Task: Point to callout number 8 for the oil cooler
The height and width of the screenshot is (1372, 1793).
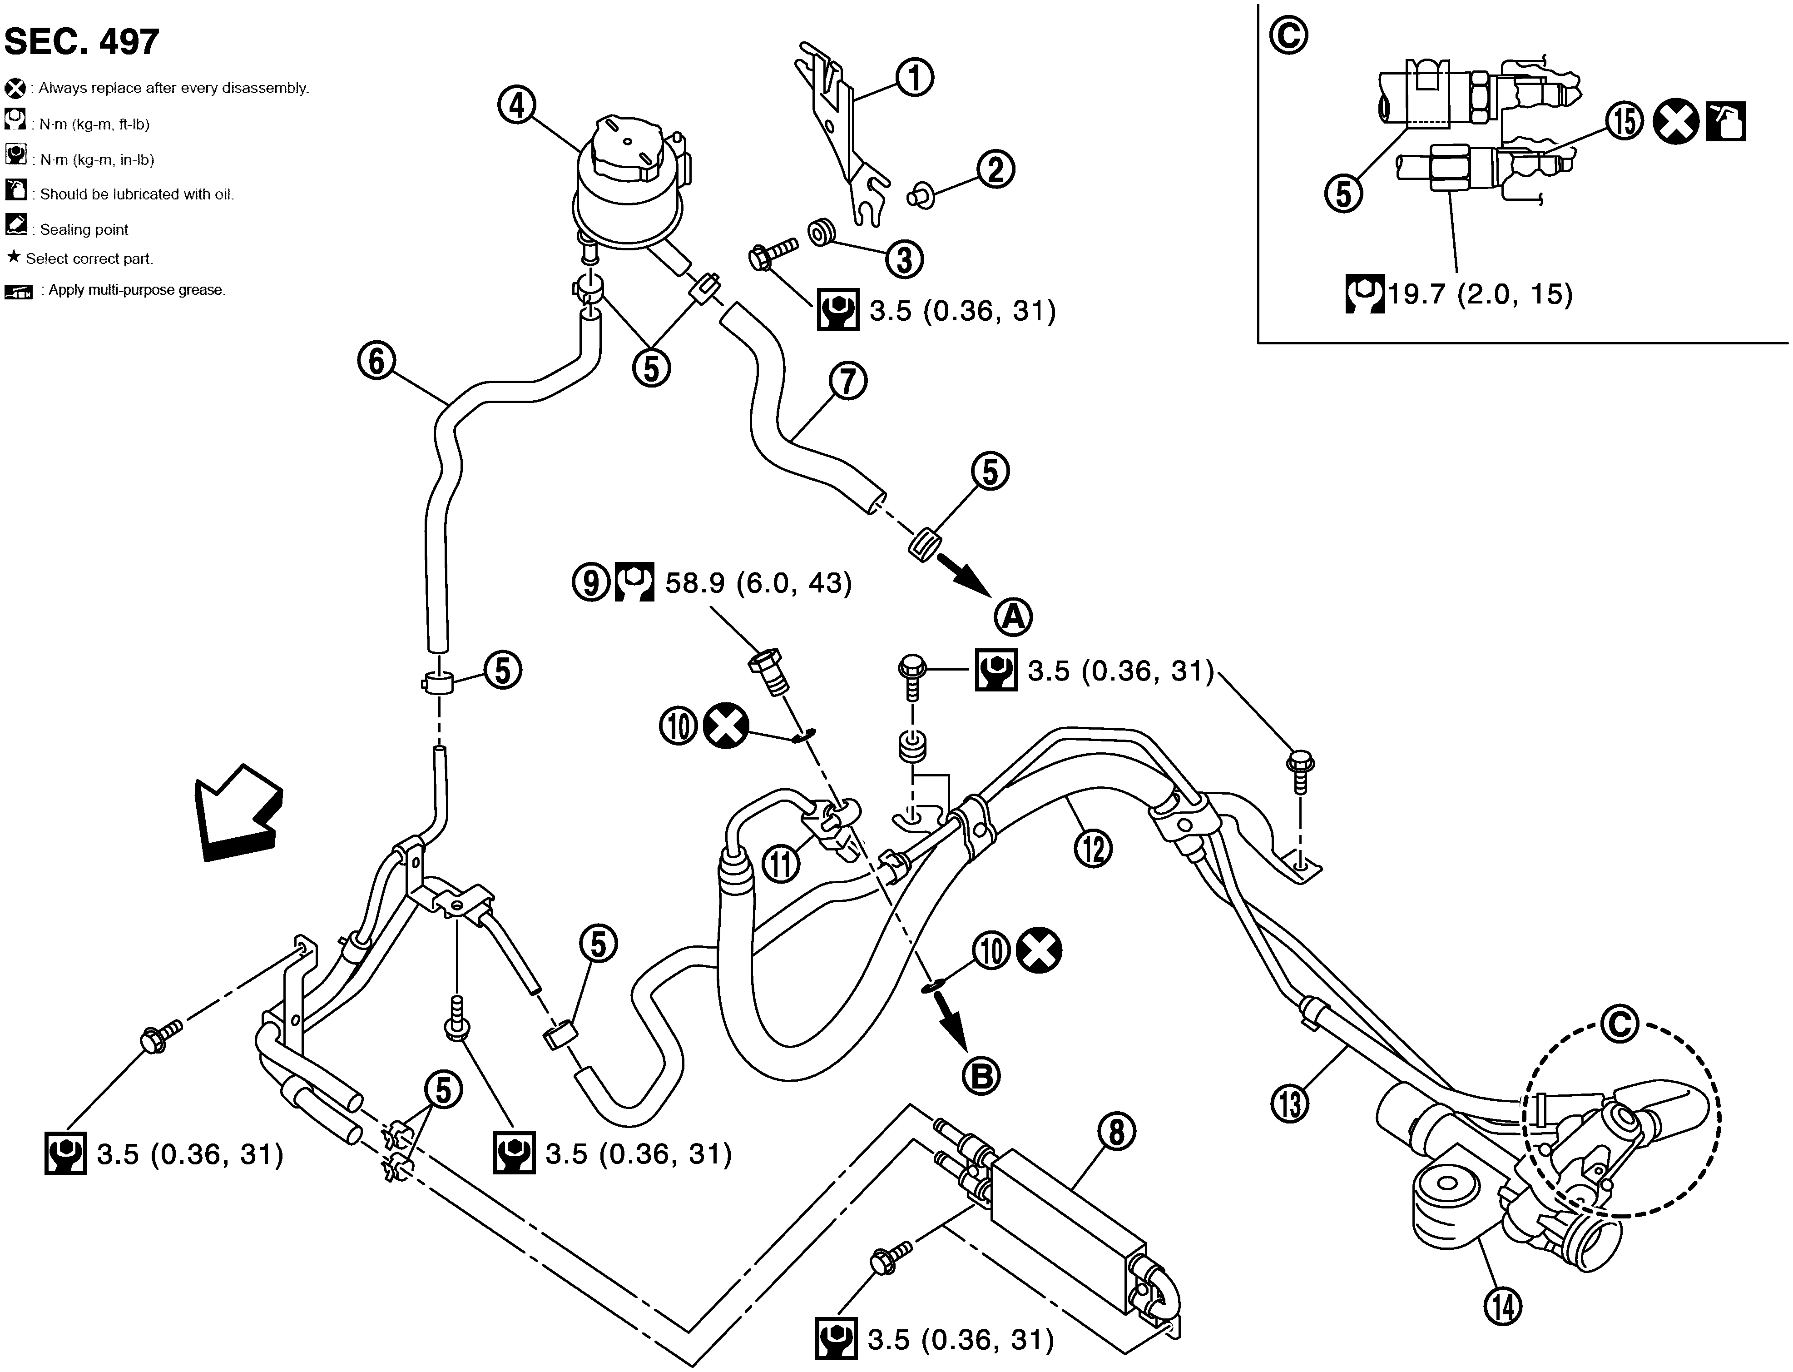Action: click(x=1117, y=1132)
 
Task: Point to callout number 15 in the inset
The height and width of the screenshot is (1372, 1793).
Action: click(x=1625, y=122)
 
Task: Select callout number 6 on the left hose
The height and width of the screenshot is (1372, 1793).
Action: click(x=376, y=361)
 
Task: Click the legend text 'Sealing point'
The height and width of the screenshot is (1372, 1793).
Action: click(x=84, y=229)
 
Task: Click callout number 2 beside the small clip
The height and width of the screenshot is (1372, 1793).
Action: click(x=996, y=170)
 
